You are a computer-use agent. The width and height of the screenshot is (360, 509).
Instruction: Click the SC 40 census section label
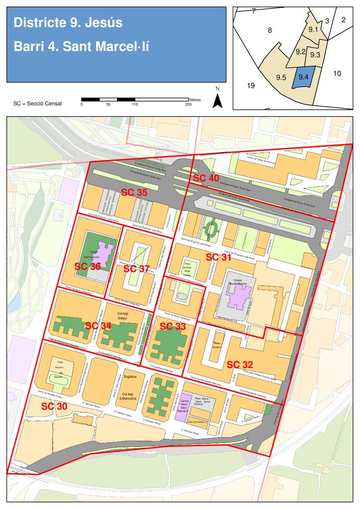206,178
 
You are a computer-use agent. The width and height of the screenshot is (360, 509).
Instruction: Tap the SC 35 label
134,192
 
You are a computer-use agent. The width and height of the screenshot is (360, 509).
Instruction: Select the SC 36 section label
88,266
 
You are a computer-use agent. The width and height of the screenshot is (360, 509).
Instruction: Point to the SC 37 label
136,269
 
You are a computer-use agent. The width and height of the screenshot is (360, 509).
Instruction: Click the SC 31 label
219,257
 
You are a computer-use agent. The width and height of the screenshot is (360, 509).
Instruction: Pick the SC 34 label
98,326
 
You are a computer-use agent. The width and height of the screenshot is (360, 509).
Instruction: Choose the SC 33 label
173,327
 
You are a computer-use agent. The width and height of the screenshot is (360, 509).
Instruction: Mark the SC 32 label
240,364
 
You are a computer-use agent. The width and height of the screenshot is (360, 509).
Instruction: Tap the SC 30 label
54,406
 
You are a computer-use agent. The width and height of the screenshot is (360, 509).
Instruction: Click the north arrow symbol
217,99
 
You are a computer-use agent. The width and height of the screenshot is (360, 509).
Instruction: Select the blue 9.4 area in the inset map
304,78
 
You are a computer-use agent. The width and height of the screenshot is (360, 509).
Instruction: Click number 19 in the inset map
251,86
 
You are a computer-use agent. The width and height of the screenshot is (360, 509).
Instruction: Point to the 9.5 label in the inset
281,78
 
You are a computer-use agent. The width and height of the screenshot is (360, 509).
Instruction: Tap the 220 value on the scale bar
188,104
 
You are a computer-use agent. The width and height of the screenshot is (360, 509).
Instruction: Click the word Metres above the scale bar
195,99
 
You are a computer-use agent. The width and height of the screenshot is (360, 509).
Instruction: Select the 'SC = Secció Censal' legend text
38,103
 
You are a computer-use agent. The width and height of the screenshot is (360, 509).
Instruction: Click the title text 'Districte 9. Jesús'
68,23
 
